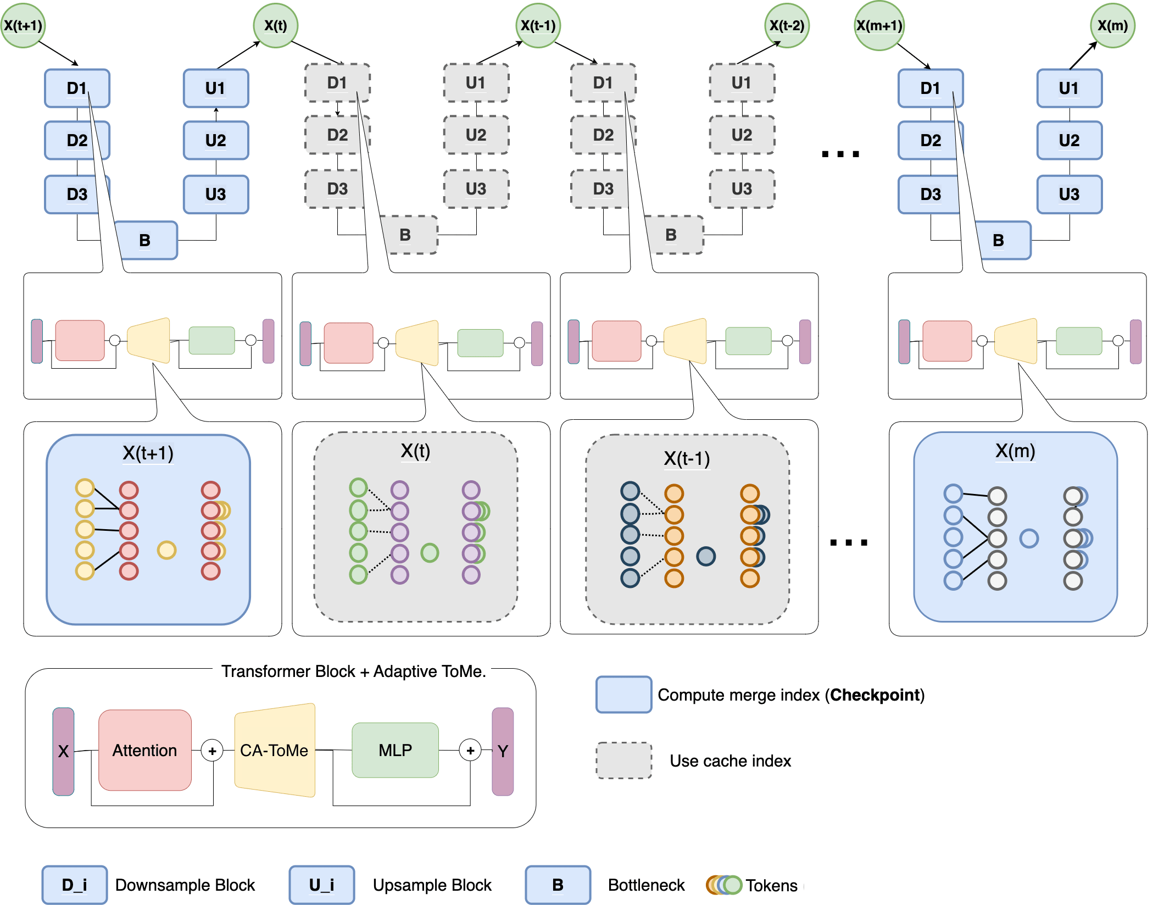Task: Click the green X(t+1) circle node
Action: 23,25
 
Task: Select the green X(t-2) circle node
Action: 787,25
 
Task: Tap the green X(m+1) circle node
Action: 879,26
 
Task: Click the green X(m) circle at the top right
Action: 1112,25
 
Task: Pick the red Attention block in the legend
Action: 145,750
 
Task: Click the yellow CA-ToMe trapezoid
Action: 275,750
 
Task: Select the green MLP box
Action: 395,750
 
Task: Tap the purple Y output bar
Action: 503,751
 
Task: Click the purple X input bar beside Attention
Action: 63,751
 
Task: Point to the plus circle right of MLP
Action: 470,750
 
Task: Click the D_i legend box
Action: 75,885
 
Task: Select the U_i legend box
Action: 322,885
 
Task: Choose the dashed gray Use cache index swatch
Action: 624,760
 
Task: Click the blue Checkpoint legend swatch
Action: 624,695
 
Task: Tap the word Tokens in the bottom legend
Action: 771,885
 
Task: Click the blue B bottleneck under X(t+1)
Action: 146,240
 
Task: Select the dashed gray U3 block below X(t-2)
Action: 742,189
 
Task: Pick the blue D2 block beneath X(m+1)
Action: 931,141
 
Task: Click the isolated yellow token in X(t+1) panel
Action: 166,550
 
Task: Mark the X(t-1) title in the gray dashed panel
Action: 687,458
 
